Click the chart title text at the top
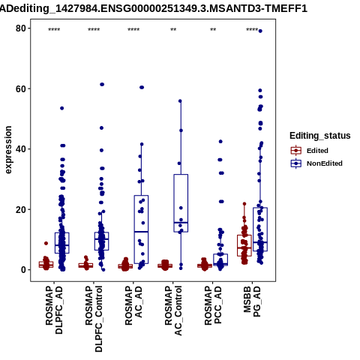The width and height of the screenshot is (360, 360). coord(154,9)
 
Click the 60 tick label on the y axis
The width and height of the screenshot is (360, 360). coord(21,89)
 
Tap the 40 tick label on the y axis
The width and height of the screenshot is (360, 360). coord(21,149)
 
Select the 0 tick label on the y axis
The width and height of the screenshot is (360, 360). coord(24,270)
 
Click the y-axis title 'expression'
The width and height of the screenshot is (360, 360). coord(8,150)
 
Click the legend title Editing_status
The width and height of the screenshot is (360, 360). coord(320,136)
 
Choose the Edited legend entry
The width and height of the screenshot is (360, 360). coord(310,151)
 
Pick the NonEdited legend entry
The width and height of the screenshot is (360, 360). coord(316,163)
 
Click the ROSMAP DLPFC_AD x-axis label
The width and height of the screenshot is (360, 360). coord(54,310)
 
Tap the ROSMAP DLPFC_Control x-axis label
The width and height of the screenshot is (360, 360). coord(94,319)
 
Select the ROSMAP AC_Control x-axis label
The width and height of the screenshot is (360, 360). coord(173,310)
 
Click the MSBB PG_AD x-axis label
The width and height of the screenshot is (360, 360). coord(252,301)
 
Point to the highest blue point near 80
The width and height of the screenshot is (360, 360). coord(260,31)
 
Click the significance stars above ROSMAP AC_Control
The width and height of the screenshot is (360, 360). coord(173,30)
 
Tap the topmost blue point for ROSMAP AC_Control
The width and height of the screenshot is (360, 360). coord(180,101)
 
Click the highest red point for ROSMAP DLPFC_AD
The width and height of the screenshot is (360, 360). coord(46,243)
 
